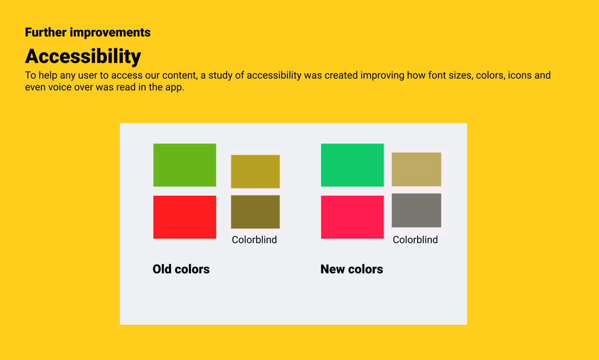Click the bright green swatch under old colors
coord(185,165)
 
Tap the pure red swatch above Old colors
coord(185,217)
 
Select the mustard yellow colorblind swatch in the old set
coord(255,172)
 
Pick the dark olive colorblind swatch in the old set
coord(255,212)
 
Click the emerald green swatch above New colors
coord(352,165)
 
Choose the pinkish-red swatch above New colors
coord(352,217)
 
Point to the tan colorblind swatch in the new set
coord(416,169)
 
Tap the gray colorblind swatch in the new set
coord(416,210)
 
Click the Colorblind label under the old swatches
coord(254,240)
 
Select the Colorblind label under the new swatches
coord(415,240)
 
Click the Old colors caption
coord(181,269)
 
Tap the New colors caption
coord(351,269)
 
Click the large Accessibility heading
coord(83,57)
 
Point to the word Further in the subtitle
coord(46,32)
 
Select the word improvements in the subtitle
coord(110,32)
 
